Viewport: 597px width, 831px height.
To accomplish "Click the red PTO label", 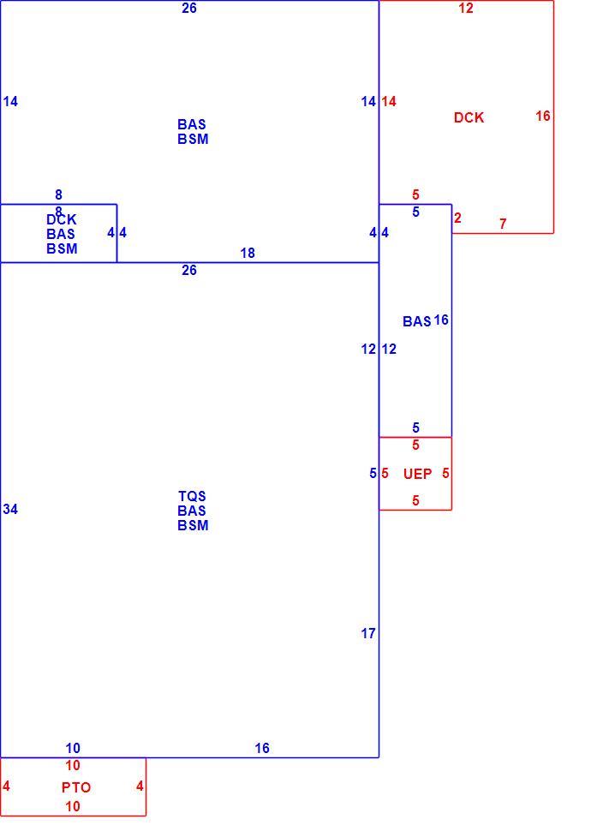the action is [x=76, y=787].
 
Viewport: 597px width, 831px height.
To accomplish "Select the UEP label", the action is [x=417, y=474].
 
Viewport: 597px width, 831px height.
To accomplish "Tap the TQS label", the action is [x=192, y=496].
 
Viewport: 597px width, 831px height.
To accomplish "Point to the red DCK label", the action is [x=469, y=117].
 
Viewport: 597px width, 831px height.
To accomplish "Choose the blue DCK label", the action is [x=62, y=219].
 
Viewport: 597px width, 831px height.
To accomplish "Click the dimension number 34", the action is [x=10, y=509].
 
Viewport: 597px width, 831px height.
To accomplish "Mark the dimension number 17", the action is [x=368, y=633].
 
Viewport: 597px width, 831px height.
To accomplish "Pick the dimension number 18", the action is [x=248, y=254].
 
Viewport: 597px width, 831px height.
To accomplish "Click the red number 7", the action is [x=503, y=224].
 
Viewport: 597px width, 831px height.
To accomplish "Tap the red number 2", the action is [x=457, y=218].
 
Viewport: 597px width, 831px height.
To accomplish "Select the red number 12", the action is [x=466, y=8].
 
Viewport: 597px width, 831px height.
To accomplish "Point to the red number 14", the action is [x=389, y=101].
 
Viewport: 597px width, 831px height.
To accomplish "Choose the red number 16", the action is [x=543, y=116].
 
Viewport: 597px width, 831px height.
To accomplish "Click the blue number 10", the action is [x=73, y=748].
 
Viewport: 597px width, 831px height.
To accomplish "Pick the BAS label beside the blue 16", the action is [x=417, y=322].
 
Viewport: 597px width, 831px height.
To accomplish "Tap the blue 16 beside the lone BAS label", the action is [x=441, y=320].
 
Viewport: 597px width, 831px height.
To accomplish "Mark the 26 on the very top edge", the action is [x=189, y=8].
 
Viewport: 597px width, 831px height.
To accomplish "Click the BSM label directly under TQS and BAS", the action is [x=193, y=525].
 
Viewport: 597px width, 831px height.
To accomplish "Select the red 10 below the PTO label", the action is [x=73, y=807].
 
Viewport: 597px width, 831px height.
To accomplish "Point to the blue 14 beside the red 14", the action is [x=368, y=101].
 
